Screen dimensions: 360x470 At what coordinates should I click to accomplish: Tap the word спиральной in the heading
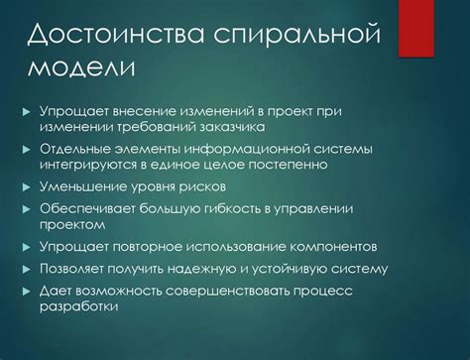298,37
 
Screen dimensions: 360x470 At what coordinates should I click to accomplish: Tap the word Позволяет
78,268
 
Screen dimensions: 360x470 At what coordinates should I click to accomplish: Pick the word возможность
128,290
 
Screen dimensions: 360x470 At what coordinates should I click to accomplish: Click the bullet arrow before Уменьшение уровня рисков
27,186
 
